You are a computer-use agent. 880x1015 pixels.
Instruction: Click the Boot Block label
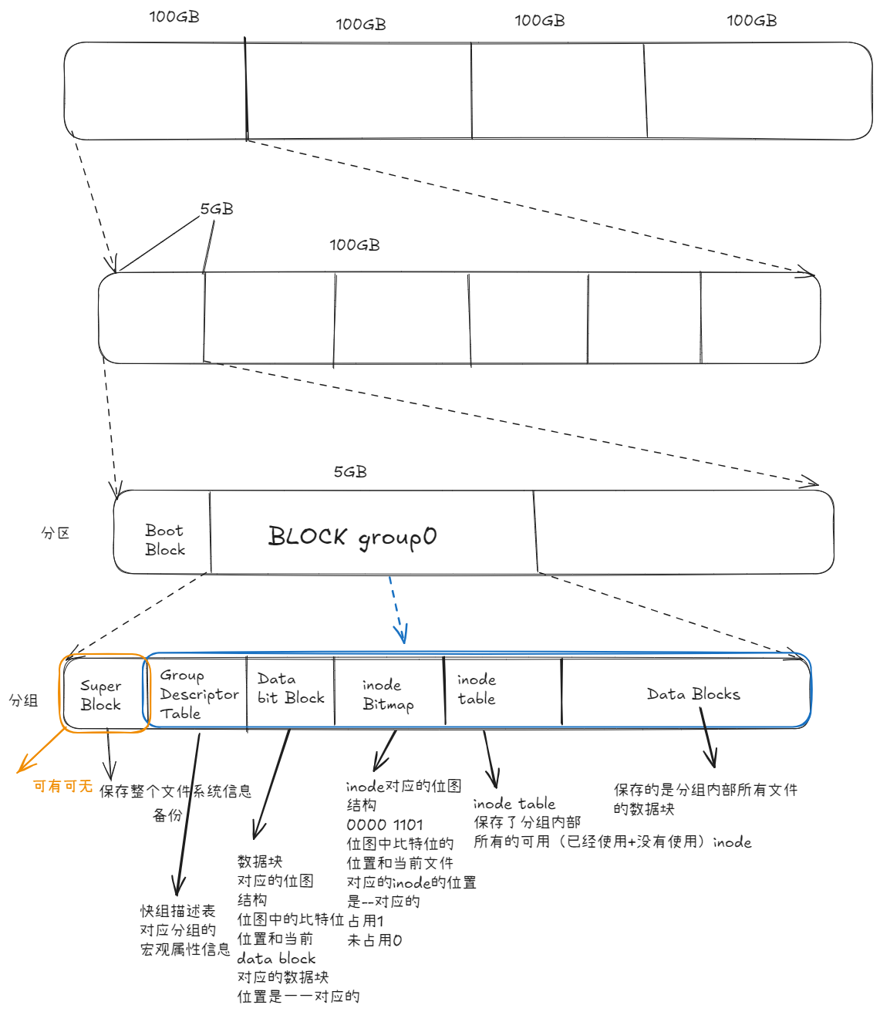tap(165, 540)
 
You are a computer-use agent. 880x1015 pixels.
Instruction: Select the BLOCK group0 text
tap(352, 537)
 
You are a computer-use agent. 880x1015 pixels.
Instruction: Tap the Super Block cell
tap(101, 695)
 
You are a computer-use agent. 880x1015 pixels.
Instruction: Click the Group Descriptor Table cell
tap(198, 694)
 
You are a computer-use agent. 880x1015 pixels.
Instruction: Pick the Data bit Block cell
tap(291, 689)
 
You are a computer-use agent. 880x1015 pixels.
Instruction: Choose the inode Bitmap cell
tap(388, 694)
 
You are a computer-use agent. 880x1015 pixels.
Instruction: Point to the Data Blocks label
tap(693, 694)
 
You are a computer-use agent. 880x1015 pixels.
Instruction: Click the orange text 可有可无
tap(62, 786)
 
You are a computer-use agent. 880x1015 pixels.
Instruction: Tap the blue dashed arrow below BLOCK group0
tap(396, 609)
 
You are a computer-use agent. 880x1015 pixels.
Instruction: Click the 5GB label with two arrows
tap(217, 209)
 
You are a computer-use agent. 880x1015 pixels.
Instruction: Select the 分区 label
tap(56, 533)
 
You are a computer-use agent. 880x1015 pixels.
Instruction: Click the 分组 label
tap(23, 700)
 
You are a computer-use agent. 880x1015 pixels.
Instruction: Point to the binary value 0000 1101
tap(385, 824)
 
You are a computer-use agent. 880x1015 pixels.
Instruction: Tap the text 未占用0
tap(375, 940)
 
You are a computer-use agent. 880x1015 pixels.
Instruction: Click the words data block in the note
tap(276, 959)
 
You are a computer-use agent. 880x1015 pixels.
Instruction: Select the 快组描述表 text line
tap(177, 911)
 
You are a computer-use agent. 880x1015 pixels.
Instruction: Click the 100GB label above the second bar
tap(355, 245)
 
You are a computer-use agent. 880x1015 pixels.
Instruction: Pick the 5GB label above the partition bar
tap(350, 472)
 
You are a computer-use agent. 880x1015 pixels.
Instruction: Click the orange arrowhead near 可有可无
tap(22, 767)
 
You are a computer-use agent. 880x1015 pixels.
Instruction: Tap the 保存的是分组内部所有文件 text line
tap(706, 790)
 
